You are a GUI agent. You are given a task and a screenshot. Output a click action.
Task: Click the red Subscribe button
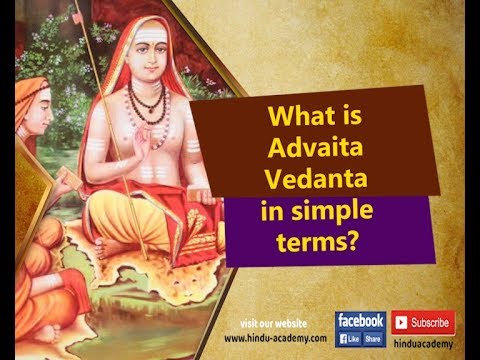coord(423,323)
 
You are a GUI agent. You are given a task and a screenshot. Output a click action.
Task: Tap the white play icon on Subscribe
coord(401,323)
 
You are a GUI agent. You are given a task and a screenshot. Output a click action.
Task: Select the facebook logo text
coord(360,320)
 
